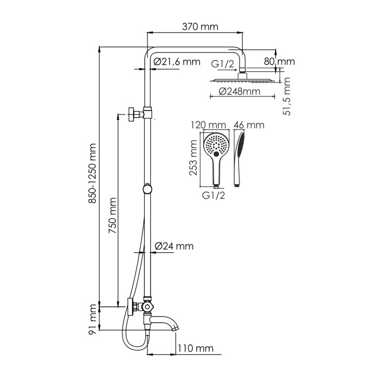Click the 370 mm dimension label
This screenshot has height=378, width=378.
click(195, 26)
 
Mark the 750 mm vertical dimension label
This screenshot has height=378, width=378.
click(113, 217)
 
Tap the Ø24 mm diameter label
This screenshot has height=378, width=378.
click(174, 246)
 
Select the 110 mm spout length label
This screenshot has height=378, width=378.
click(195, 348)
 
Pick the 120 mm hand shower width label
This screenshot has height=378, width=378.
click(208, 126)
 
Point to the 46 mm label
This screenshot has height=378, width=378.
click(249, 126)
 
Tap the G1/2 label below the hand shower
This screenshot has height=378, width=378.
click(214, 195)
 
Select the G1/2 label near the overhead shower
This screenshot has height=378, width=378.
click(223, 65)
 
